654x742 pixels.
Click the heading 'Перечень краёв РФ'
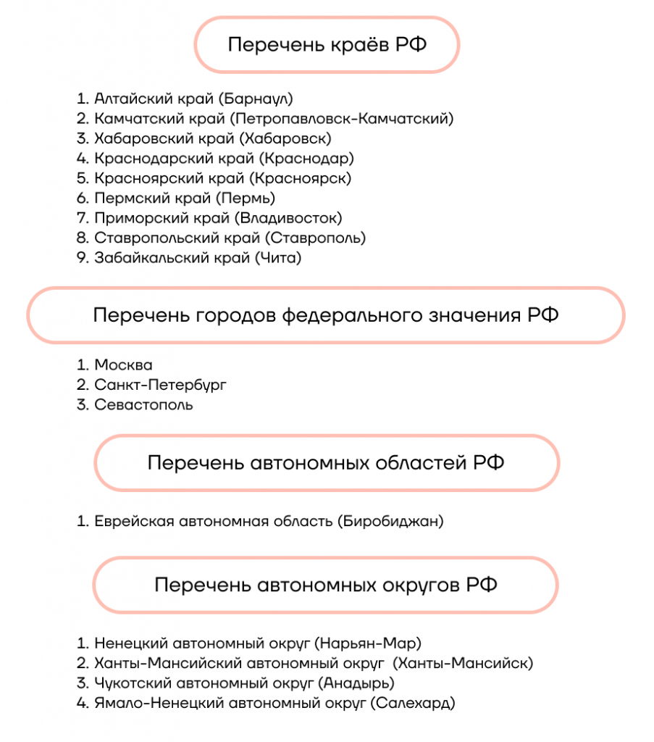click(327, 45)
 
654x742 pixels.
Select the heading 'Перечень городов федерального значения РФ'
click(326, 315)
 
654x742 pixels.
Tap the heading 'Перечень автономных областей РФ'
click(326, 462)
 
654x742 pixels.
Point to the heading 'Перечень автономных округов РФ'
click(326, 585)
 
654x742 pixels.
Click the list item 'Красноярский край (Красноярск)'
click(222, 178)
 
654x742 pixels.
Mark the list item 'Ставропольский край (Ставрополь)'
click(230, 237)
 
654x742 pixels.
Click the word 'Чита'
click(277, 257)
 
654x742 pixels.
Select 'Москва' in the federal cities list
click(123, 365)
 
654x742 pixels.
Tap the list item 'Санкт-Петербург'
click(160, 385)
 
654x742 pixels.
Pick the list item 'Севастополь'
click(143, 405)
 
